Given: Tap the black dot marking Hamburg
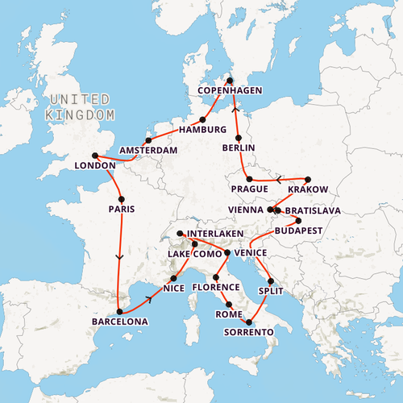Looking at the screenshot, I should [x=203, y=119].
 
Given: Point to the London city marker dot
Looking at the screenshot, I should [x=95, y=156].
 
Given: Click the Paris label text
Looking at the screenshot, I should [x=120, y=209].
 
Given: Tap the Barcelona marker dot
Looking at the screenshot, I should [x=119, y=311].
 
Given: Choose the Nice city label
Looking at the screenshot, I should [x=173, y=288].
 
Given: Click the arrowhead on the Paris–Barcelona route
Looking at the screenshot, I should [x=120, y=258].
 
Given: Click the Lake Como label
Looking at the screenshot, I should [x=194, y=254].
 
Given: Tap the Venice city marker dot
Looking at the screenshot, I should [x=227, y=253].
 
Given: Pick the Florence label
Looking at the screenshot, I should [x=216, y=287].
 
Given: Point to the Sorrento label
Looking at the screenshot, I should [x=247, y=332].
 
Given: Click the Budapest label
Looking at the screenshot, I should [x=298, y=231].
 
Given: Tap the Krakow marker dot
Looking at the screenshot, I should [x=308, y=179].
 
